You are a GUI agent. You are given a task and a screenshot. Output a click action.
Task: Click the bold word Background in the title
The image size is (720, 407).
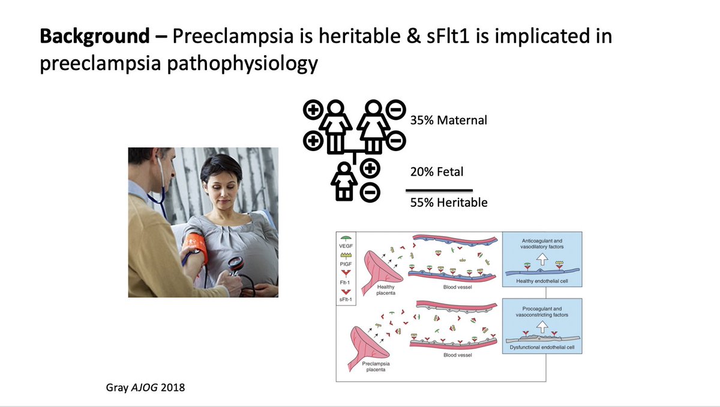pyautogui.click(x=94, y=37)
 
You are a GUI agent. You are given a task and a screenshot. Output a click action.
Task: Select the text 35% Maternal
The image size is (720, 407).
pyautogui.click(x=449, y=120)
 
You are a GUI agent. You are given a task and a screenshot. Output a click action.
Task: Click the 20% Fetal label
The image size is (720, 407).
pyautogui.click(x=437, y=172)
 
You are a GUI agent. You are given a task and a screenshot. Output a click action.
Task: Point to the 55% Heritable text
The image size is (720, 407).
pyautogui.click(x=449, y=203)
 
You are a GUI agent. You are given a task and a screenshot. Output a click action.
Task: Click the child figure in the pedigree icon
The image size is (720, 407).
pyautogui.click(x=346, y=180)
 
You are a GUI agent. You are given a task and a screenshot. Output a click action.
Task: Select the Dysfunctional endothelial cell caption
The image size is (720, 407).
pyautogui.click(x=543, y=347)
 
